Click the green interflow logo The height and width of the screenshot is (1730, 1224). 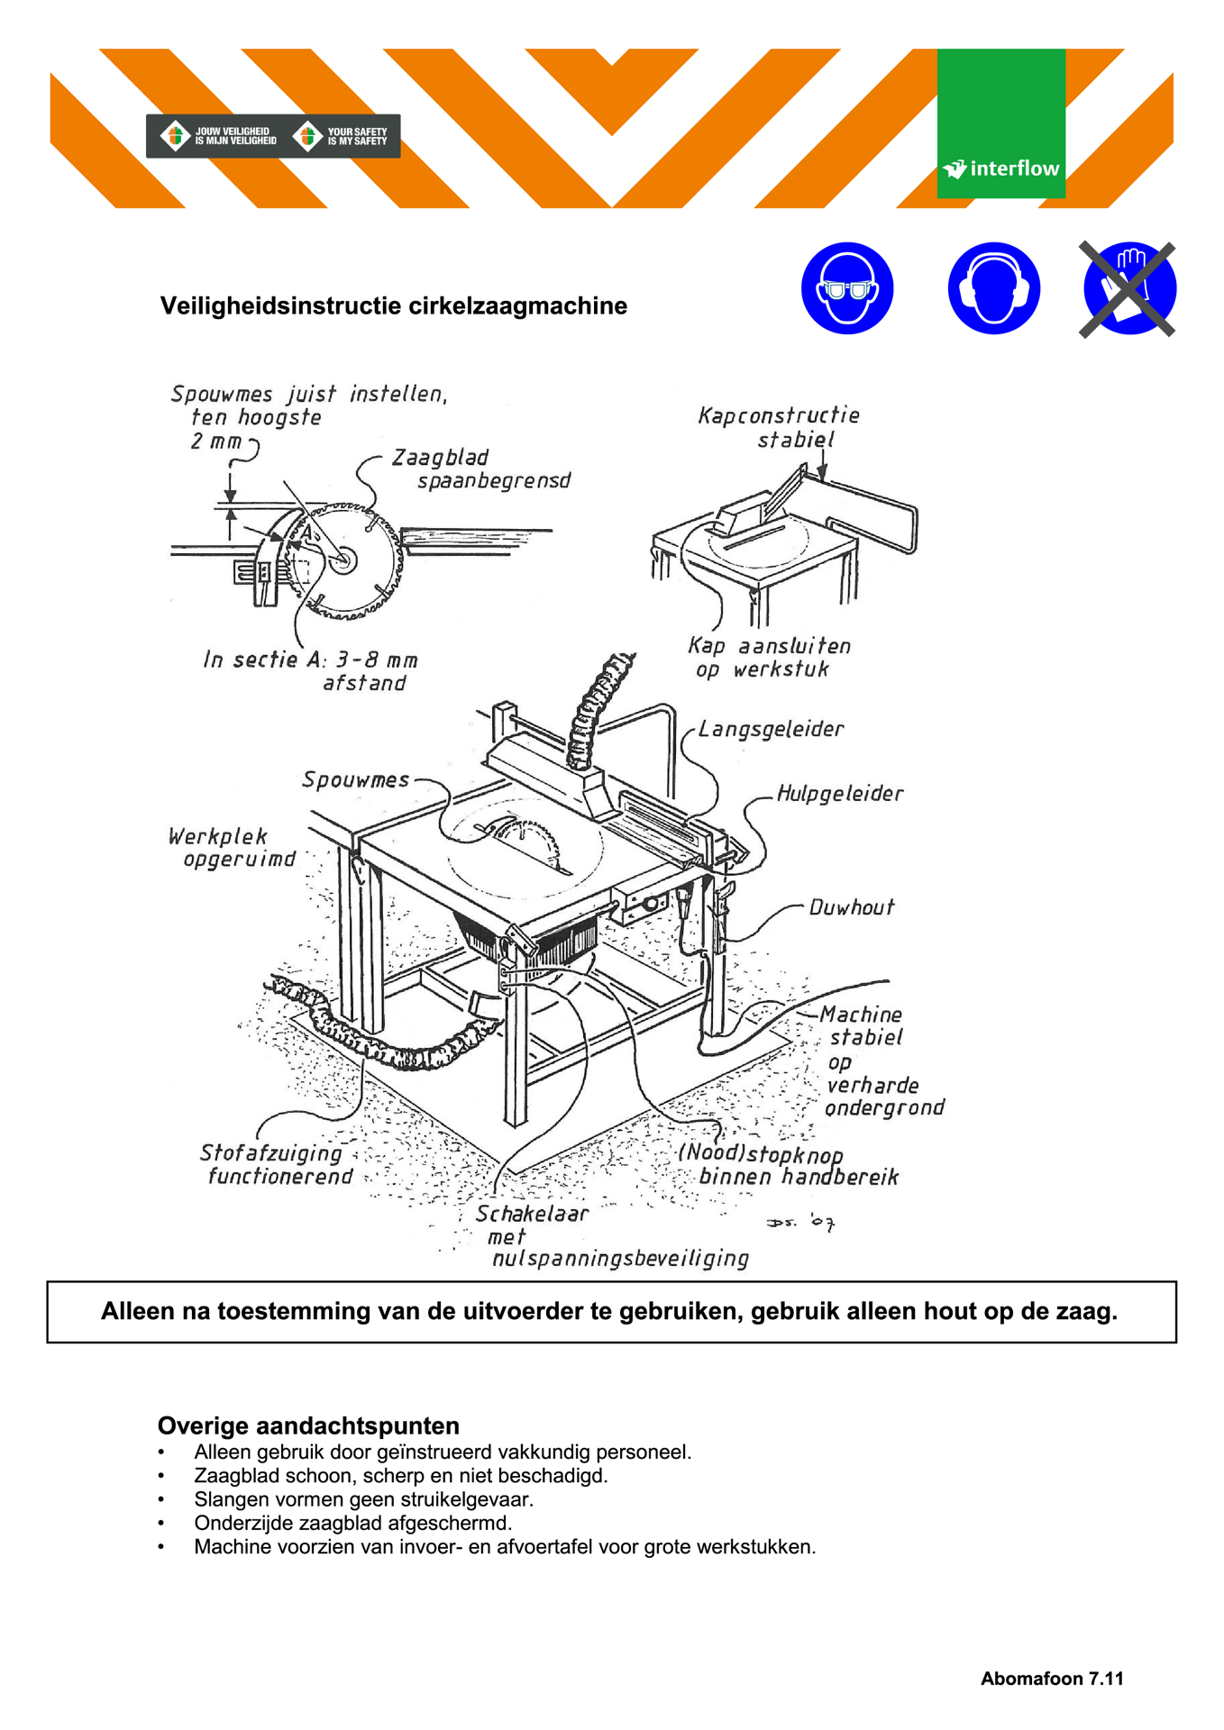click(1000, 123)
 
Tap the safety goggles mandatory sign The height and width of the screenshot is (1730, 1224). click(846, 288)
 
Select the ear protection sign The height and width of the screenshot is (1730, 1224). click(993, 288)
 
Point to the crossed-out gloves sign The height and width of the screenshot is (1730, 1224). click(1128, 288)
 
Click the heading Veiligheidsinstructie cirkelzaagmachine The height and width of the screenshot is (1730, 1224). click(393, 306)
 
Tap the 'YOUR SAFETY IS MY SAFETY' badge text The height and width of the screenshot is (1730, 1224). click(356, 136)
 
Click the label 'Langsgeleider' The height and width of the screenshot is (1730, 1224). click(771, 729)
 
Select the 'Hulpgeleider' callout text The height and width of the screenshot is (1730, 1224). click(839, 794)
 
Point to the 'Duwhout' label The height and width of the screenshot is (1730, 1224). click(851, 907)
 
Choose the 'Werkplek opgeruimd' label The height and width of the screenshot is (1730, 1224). click(233, 848)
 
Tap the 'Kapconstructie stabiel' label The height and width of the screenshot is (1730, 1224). click(781, 427)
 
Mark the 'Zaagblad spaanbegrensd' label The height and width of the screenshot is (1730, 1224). click(480, 469)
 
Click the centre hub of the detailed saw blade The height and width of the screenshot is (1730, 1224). click(343, 560)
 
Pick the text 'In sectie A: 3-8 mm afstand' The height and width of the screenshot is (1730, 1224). click(311, 671)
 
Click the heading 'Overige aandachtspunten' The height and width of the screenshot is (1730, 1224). click(308, 1425)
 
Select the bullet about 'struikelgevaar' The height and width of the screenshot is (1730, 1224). click(363, 1499)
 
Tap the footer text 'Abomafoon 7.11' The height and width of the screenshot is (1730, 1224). click(1052, 1678)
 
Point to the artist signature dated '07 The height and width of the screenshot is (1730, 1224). click(801, 1223)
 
